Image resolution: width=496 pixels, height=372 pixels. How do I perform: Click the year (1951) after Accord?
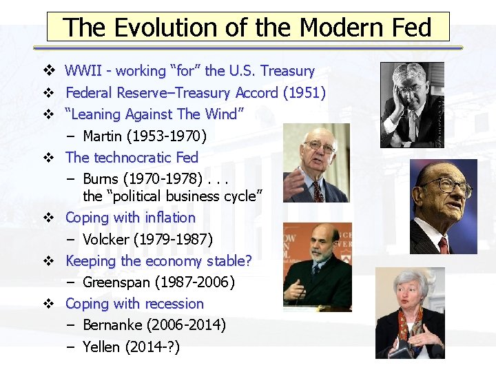pos(305,92)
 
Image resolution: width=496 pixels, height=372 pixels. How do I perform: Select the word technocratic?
pos(133,157)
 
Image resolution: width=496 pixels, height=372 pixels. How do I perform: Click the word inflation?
pos(170,218)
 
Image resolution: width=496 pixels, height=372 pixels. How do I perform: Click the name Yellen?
pos(101,347)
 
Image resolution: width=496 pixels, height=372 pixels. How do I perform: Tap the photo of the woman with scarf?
pos(410,313)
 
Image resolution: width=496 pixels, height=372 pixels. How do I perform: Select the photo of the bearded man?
pos(318,265)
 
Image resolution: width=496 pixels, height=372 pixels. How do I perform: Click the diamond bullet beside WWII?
pos(48,71)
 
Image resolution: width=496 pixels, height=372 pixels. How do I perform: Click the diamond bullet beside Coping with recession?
pos(48,304)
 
